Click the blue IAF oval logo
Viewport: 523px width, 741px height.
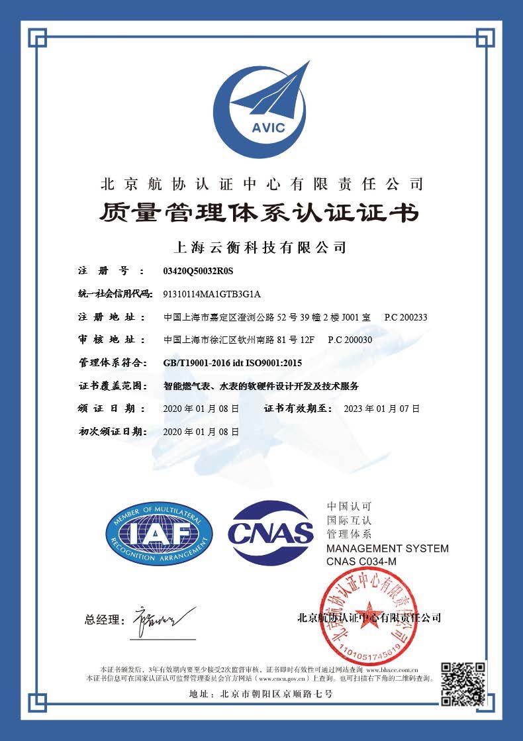pos(159,534)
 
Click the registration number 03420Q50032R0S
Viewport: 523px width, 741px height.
pos(199,272)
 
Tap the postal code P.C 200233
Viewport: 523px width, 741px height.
pos(406,317)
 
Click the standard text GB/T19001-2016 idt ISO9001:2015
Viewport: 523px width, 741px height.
pos(232,363)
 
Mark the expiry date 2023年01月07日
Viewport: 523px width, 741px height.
pos(382,409)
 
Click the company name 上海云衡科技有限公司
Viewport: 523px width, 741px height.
pos(260,248)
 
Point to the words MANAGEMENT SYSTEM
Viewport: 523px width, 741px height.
pos(387,548)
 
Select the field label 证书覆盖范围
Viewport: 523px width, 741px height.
pos(111,386)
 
